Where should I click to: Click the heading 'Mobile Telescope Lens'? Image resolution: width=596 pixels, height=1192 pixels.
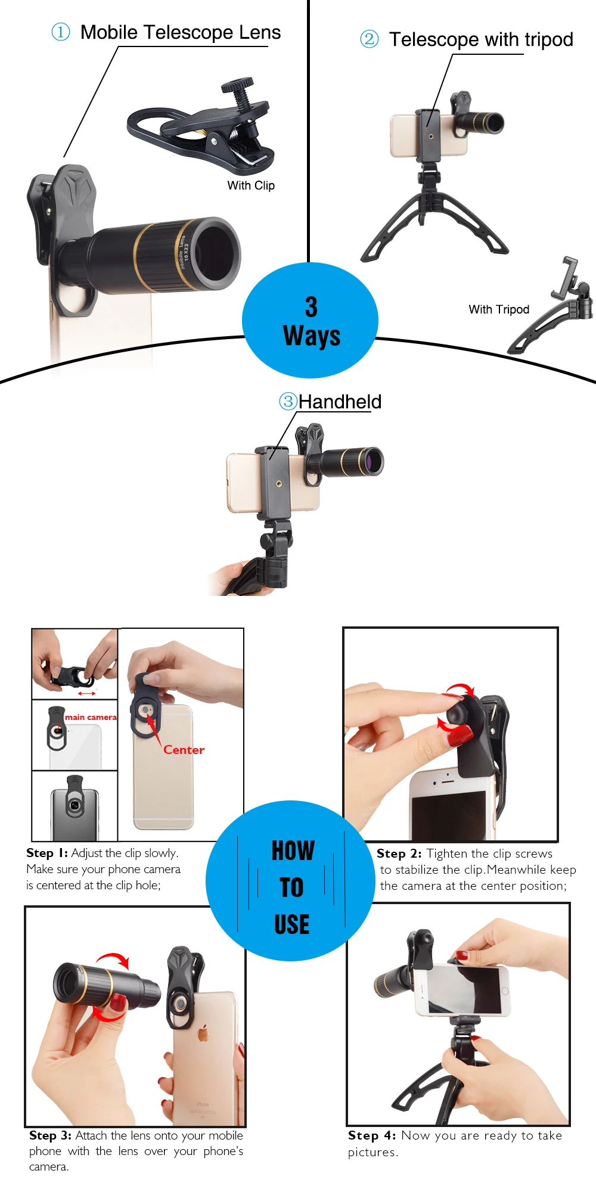tap(181, 32)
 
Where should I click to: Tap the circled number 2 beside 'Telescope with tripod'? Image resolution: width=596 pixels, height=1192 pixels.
tap(370, 39)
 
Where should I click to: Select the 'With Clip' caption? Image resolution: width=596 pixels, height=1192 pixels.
tap(251, 185)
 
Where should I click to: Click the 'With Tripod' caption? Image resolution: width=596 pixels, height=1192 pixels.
tap(499, 309)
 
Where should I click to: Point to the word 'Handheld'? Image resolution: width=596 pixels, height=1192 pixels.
tap(340, 402)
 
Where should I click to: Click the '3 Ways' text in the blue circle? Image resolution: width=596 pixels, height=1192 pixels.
tap(311, 321)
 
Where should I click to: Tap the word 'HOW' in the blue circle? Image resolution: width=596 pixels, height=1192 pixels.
tap(293, 850)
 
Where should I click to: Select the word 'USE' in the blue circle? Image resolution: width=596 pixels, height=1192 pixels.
tap(292, 924)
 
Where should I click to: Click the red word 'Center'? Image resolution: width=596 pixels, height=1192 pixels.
tap(184, 750)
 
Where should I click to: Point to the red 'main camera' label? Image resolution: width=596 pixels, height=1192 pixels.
tap(91, 717)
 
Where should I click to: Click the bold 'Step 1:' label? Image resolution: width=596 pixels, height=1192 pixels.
tap(47, 853)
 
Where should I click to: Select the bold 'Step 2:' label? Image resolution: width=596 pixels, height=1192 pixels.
tap(399, 853)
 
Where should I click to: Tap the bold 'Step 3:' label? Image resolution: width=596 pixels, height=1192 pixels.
tap(50, 1135)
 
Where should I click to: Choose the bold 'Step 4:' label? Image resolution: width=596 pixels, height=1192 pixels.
tap(372, 1135)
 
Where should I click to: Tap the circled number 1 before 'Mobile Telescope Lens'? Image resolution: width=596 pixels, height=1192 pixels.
tap(61, 32)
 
